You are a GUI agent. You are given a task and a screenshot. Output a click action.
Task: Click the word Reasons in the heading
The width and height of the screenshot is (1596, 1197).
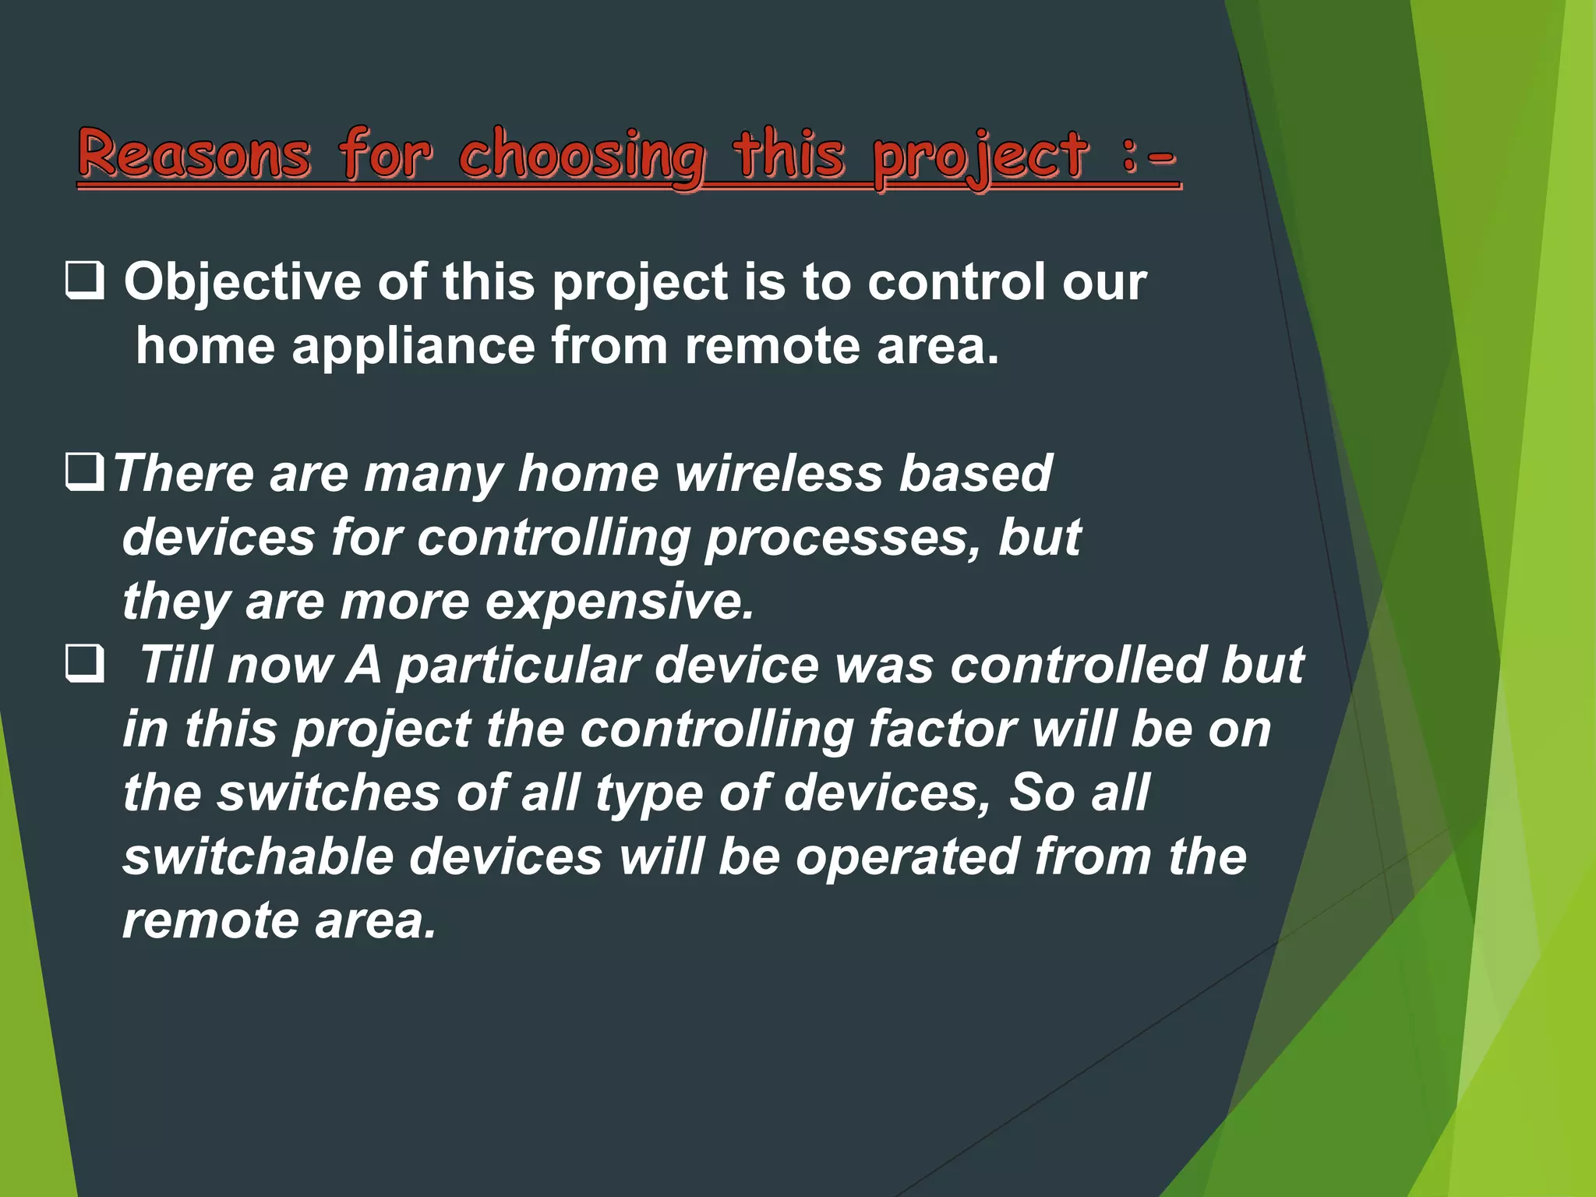pyautogui.click(x=194, y=154)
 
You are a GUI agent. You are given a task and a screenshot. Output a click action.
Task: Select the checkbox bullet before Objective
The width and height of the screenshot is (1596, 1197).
pyautogui.click(x=85, y=281)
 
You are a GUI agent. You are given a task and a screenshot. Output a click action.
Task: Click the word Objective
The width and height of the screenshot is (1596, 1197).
pyautogui.click(x=242, y=282)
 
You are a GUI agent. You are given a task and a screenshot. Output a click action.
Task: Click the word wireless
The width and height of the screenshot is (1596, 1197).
pyautogui.click(x=779, y=473)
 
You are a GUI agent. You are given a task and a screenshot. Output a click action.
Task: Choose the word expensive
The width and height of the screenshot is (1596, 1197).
pyautogui.click(x=620, y=602)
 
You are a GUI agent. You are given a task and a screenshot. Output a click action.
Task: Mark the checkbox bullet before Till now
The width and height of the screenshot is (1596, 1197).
pyautogui.click(x=85, y=664)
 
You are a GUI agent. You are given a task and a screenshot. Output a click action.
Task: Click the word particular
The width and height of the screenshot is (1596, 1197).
pyautogui.click(x=518, y=666)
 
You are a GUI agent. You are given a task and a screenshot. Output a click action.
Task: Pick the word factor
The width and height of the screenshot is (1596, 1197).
pyautogui.click(x=941, y=729)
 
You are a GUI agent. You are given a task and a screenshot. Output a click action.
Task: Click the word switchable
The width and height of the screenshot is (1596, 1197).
pyautogui.click(x=257, y=856)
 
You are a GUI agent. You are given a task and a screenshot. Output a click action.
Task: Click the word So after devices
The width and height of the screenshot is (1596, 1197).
pyautogui.click(x=1042, y=793)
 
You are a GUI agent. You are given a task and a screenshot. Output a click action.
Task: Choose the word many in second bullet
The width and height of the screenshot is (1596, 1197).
pyautogui.click(x=433, y=475)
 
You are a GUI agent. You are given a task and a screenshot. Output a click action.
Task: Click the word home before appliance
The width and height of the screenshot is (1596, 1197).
pyautogui.click(x=205, y=346)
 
